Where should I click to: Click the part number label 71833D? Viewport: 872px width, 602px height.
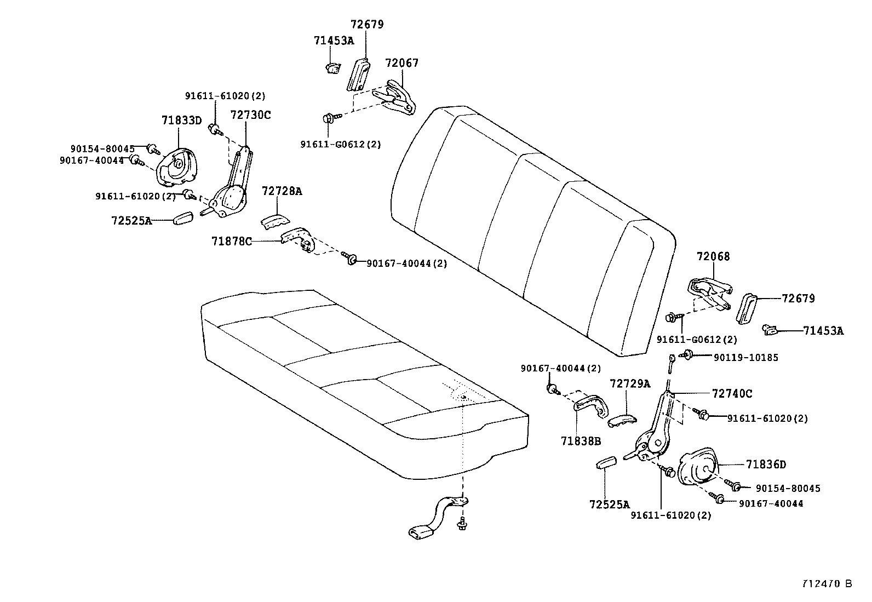(x=181, y=120)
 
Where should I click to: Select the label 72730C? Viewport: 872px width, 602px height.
(x=250, y=115)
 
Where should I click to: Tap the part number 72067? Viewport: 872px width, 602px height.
(x=401, y=63)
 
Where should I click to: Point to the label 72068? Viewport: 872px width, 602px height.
(x=713, y=256)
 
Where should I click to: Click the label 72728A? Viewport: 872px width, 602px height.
(x=282, y=191)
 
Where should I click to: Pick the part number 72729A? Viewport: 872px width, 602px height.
(x=629, y=383)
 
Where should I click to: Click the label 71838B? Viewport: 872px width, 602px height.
(x=581, y=440)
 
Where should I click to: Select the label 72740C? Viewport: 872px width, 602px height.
(x=732, y=393)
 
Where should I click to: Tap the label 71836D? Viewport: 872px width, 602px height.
(x=766, y=465)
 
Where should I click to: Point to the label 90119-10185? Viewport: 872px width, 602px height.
(x=745, y=358)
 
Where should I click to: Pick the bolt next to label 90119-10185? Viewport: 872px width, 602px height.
(x=685, y=356)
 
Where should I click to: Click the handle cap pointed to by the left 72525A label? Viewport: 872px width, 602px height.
(x=182, y=218)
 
